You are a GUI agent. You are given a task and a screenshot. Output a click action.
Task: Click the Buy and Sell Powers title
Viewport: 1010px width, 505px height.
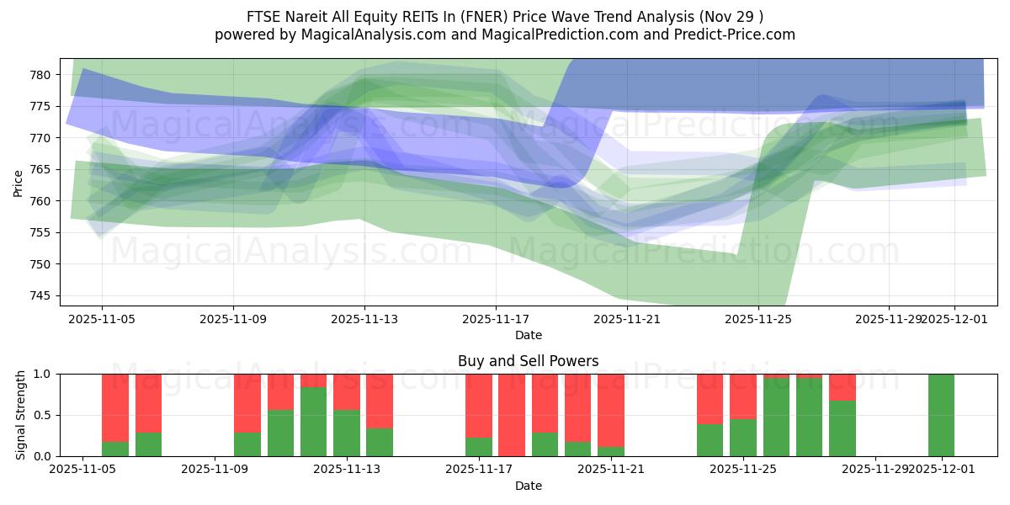pos(528,361)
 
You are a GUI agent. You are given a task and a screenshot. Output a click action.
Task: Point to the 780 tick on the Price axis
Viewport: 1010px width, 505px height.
pos(41,75)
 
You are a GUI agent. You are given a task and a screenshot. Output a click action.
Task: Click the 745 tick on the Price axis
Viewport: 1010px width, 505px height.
pos(41,295)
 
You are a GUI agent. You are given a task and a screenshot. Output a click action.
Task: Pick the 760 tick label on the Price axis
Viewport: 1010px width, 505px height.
pos(41,201)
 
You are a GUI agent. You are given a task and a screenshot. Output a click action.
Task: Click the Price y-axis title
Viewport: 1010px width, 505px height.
pos(19,183)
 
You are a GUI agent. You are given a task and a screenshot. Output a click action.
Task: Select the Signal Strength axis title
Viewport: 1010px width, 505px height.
pos(21,415)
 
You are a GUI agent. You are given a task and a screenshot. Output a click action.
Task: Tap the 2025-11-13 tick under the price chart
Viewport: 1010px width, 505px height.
pos(364,320)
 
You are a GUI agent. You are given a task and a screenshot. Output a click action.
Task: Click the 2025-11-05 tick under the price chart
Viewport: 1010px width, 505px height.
pos(102,320)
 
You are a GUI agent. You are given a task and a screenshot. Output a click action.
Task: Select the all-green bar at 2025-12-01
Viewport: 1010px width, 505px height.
pos(941,415)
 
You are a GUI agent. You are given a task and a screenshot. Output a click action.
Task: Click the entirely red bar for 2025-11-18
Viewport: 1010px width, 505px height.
pos(512,415)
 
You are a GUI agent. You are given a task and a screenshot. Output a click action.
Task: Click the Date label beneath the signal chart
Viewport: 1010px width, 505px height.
pos(528,486)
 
